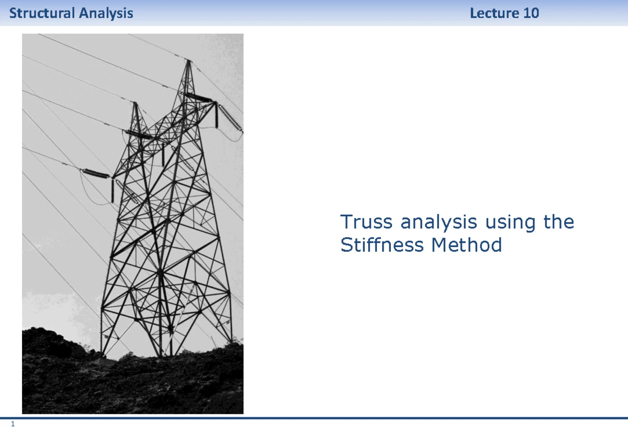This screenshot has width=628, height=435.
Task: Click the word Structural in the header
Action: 42,13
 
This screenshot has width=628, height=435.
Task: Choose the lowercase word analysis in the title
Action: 439,223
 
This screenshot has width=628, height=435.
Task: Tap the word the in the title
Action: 558,222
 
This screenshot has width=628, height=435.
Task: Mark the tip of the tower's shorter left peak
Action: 135,103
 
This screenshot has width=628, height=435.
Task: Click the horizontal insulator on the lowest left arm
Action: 95,173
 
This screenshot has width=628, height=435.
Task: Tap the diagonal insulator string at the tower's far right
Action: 230,118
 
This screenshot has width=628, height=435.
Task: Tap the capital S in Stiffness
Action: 345,244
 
